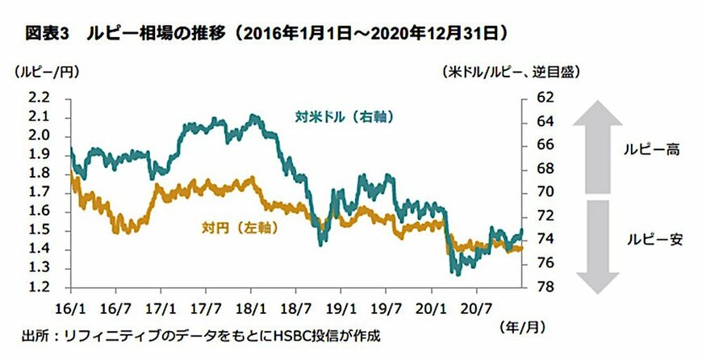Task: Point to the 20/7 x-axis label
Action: (x=474, y=308)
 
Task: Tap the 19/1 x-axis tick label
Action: (x=340, y=308)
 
